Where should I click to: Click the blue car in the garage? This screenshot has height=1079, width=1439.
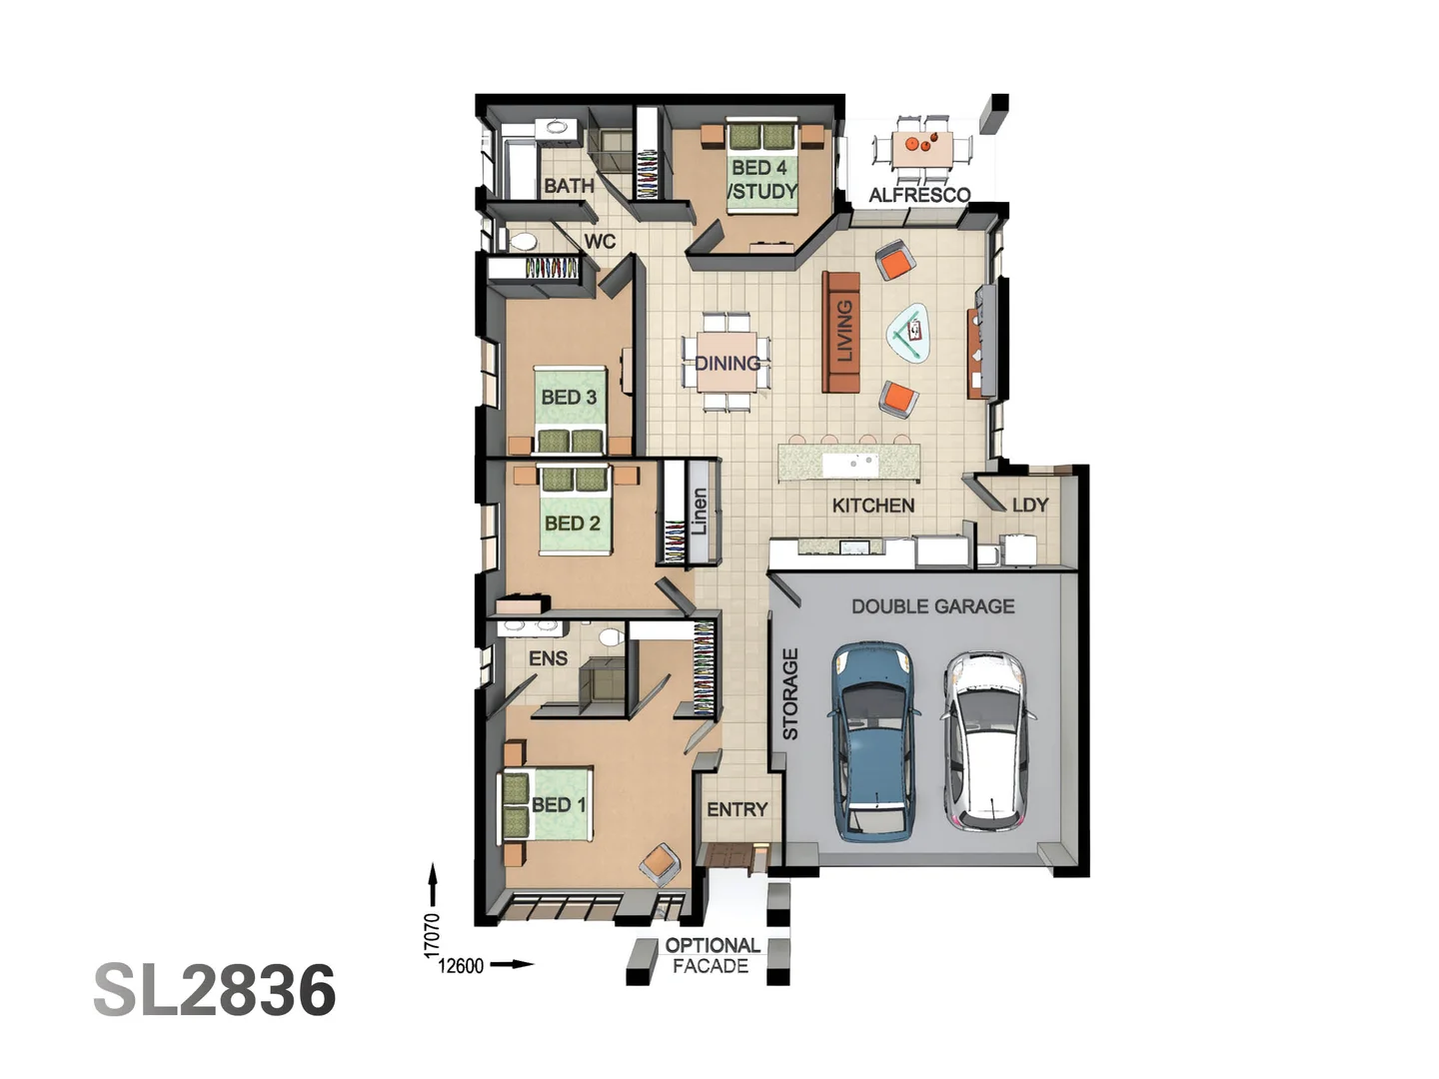point(874,739)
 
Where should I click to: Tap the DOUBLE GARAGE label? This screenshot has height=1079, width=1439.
point(932,606)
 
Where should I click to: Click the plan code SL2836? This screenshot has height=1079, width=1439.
point(215,990)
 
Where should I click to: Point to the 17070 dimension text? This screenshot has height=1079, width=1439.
point(432,935)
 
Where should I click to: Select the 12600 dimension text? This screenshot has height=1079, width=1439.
point(461,965)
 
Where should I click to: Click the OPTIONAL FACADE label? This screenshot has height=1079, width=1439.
point(712,955)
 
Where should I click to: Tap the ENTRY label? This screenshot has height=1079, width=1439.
point(737,809)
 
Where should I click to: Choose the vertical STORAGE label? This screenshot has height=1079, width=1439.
point(790,693)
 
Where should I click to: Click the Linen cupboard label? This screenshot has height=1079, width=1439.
point(700,512)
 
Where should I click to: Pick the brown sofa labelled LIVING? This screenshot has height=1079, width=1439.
point(841,332)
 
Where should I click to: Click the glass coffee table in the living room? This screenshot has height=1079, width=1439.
point(910,333)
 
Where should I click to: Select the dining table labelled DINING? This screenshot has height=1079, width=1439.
point(727,363)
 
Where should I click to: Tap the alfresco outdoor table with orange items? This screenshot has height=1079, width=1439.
point(921,147)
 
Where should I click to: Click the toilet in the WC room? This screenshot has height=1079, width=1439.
point(522,241)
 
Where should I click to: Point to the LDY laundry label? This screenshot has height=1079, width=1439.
point(1030,505)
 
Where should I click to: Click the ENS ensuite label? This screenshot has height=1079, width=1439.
point(548,658)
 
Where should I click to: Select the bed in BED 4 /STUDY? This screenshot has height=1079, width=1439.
point(762,166)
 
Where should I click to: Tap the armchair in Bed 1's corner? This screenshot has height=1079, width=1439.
point(660,862)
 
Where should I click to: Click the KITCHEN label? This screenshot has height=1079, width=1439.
point(872,506)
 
